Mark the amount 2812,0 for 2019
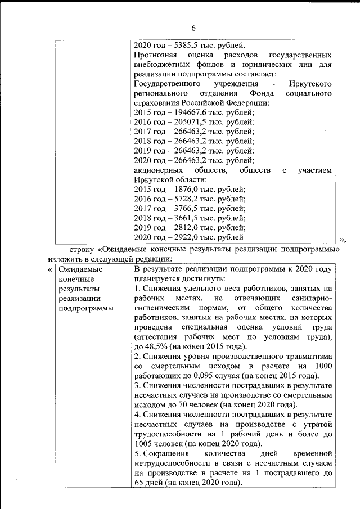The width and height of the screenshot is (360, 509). (x=188, y=228)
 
